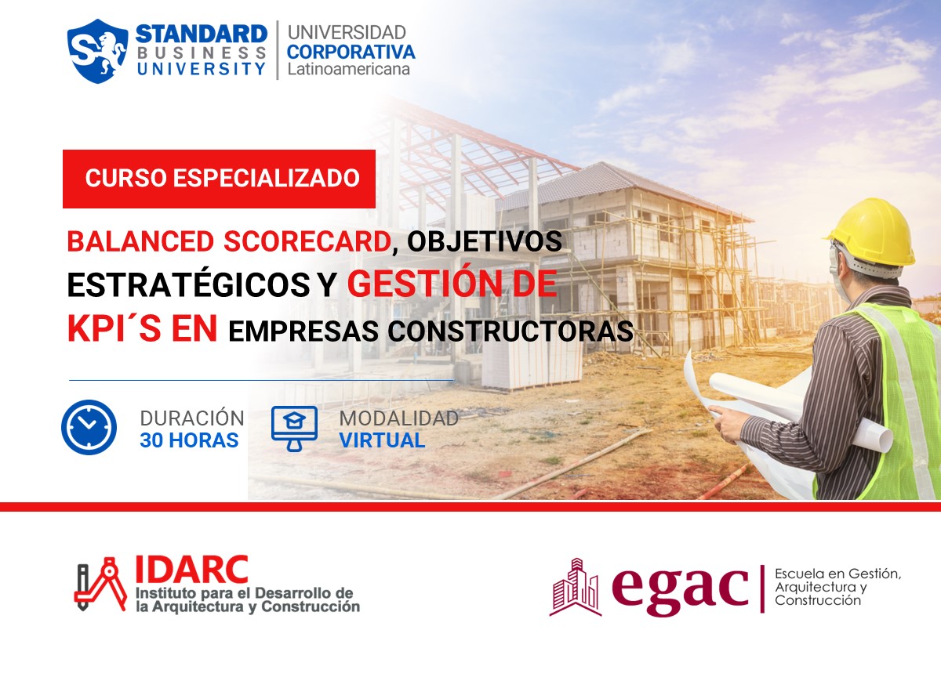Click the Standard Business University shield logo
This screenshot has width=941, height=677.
(98, 51)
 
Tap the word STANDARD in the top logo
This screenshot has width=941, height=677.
(202, 34)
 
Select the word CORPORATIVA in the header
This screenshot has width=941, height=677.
(351, 52)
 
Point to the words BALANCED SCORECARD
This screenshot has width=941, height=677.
(228, 241)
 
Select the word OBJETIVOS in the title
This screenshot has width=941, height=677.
(485, 241)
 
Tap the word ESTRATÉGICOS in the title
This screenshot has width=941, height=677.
(188, 286)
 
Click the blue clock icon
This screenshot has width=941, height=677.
(89, 427)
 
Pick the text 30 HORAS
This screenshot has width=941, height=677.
(189, 440)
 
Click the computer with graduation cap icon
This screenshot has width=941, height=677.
(294, 427)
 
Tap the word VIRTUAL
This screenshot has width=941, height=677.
(382, 440)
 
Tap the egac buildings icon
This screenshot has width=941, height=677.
(576, 588)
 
